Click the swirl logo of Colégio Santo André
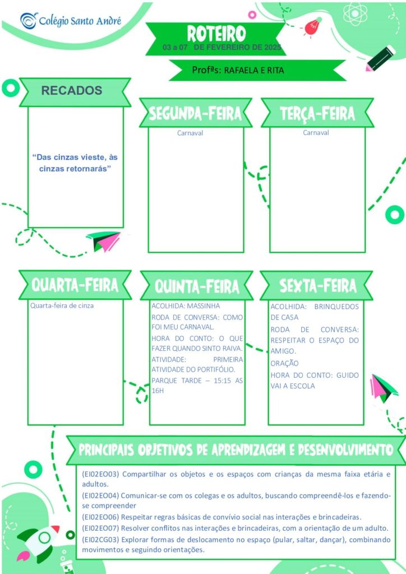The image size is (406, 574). point(29,21)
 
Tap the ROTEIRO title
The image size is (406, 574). point(216,34)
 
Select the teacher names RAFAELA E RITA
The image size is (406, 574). point(253,70)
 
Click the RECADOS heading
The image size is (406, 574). point(71,90)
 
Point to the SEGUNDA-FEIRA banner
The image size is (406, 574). point(196,113)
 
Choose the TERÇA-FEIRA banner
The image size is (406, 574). point(317,113)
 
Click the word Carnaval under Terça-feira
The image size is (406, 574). point(316,132)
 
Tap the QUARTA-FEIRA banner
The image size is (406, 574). point(75,285)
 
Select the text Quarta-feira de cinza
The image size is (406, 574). point(62,305)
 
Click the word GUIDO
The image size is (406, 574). point(348,375)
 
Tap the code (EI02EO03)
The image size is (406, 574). point(101,474)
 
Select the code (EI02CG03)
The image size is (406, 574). point(101,540)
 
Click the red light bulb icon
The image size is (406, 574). point(312,27)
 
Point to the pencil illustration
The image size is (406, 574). point(381,58)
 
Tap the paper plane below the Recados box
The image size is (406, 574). point(104,241)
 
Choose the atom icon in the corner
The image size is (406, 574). point(355,13)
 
